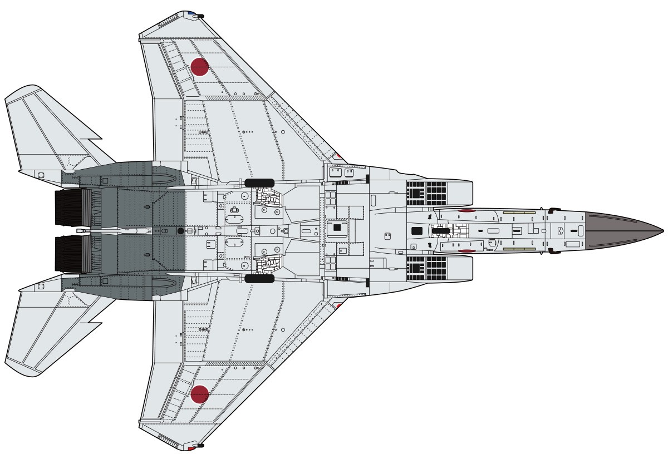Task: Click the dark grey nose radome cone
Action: click(623, 230)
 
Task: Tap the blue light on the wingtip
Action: click(191, 13)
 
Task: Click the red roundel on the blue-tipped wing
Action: click(199, 67)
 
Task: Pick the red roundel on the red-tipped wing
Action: click(199, 394)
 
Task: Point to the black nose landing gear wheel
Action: click(443, 230)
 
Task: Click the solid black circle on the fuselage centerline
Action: click(180, 230)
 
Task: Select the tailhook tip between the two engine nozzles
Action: click(79, 230)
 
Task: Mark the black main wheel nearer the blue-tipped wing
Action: click(259, 182)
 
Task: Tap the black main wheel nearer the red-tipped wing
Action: click(259, 278)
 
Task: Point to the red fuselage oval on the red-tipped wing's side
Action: click(467, 251)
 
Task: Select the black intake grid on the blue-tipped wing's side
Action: click(427, 192)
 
